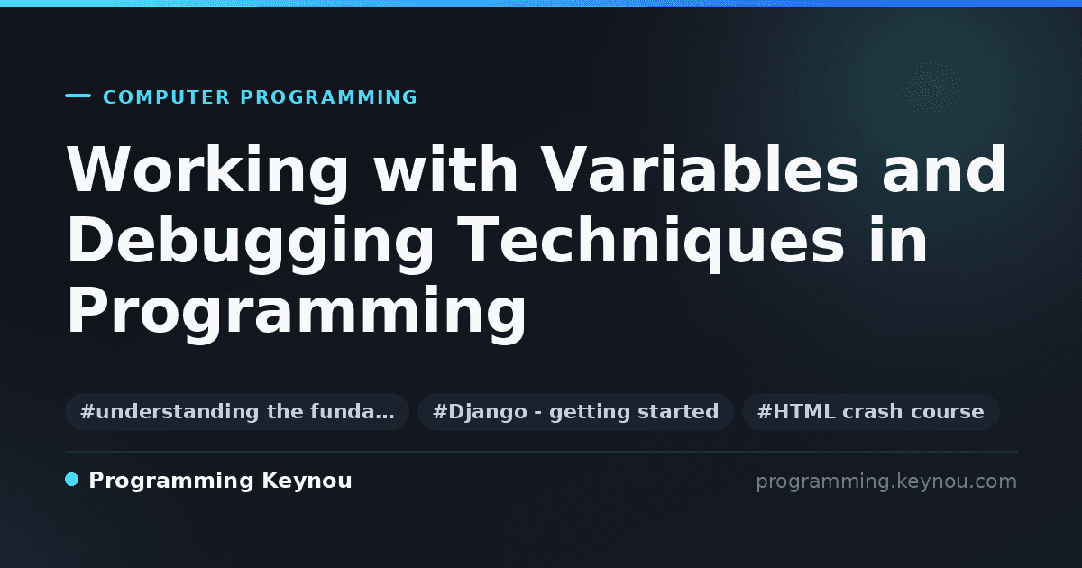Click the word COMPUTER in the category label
(167, 97)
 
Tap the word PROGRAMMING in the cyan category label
(328, 97)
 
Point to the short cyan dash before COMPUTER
(78, 96)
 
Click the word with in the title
(446, 169)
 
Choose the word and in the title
(944, 169)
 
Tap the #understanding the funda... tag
(237, 411)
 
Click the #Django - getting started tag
(576, 411)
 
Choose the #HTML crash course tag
(870, 411)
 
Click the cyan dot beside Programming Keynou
(72, 480)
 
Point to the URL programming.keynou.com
(886, 481)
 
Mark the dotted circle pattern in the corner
(931, 88)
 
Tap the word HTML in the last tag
(803, 411)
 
